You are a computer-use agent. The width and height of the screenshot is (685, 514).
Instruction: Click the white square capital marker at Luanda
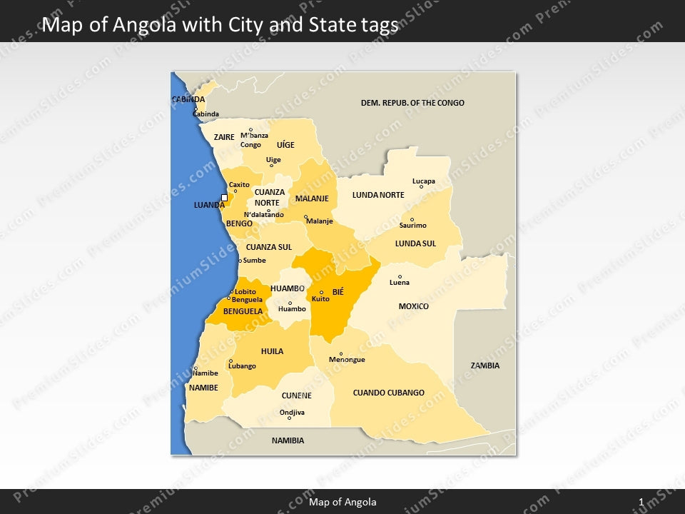(224, 198)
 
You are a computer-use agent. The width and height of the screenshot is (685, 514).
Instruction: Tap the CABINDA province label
(188, 99)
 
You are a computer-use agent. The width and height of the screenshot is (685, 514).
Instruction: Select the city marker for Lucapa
(421, 187)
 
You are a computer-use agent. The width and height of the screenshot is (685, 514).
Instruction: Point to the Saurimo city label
(412, 226)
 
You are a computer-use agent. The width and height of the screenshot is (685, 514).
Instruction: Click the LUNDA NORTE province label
(378, 195)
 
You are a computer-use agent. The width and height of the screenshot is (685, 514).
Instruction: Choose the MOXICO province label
(414, 306)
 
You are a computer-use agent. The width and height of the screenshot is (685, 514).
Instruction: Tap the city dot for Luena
(400, 276)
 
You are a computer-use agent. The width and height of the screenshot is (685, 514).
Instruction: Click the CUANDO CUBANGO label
(388, 393)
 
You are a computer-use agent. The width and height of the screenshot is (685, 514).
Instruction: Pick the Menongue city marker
(341, 353)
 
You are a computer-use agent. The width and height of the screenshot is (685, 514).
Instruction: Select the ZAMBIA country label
(485, 366)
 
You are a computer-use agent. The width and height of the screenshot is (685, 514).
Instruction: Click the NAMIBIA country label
(288, 440)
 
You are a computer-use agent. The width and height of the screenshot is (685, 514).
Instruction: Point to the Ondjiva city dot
(289, 418)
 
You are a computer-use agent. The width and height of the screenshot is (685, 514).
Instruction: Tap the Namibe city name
(205, 373)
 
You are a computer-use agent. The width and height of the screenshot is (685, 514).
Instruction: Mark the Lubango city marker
(230, 361)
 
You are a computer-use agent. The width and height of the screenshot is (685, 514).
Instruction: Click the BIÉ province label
(338, 292)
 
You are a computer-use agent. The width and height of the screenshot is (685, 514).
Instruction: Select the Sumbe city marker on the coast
(240, 261)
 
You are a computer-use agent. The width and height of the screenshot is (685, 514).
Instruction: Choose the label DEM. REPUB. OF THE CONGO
(412, 103)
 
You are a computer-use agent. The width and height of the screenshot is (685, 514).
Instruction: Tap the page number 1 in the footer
(641, 503)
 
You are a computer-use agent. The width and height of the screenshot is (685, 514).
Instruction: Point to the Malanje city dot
(305, 217)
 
